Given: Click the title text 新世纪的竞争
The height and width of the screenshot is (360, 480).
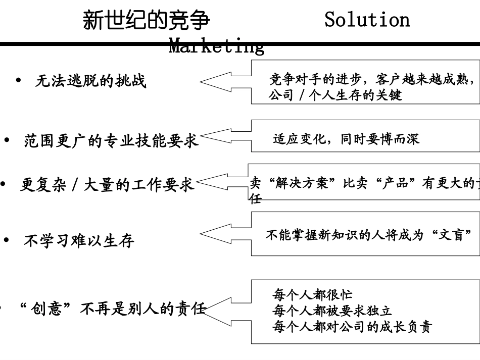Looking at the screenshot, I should tap(146, 21).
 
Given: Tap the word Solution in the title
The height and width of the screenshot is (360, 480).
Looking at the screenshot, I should tap(367, 20).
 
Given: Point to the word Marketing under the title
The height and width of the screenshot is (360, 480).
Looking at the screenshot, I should tap(216, 47).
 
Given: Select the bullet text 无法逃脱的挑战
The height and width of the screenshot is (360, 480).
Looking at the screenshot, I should tap(91, 81).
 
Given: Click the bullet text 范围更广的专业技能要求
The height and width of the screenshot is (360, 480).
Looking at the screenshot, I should tap(111, 140).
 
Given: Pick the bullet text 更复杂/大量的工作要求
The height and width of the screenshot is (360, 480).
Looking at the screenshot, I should tap(107, 185).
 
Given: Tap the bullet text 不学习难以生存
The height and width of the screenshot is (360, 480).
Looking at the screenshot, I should tap(79, 241).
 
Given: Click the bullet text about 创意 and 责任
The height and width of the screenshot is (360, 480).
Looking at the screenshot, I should tap(112, 308).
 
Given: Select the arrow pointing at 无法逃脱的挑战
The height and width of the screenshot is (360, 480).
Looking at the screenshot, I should tap(225, 81).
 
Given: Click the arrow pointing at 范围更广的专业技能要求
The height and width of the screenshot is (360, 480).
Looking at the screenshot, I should tap(225, 136).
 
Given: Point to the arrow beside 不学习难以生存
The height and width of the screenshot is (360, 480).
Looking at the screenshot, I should tap(225, 233).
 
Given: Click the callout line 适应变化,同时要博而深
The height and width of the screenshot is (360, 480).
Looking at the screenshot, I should tap(346, 139).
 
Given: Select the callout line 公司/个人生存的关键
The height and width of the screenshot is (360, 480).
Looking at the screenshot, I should tap(335, 95).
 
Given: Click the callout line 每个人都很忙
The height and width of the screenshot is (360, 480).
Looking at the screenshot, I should tap(312, 295).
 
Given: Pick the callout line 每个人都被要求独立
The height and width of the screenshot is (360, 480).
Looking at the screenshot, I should tap(332, 311).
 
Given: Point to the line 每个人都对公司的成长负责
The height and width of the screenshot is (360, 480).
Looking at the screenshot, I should tap(352, 327).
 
